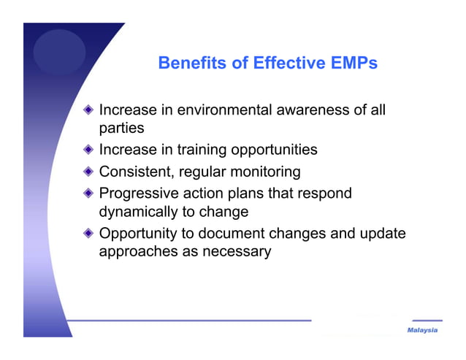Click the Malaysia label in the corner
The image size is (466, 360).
coord(423,331)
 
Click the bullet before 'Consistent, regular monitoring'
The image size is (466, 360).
coord(88,172)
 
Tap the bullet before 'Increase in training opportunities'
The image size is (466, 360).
coord(88,150)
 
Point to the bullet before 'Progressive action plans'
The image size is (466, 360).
coord(88,194)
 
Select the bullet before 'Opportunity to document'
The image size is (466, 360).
coord(88,234)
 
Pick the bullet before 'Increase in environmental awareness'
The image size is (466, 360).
coord(88,110)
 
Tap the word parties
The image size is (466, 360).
coord(121,129)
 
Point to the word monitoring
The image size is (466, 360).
coord(262,172)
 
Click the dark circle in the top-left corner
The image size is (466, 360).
coord(59,51)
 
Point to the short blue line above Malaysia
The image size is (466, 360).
coord(427,321)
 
